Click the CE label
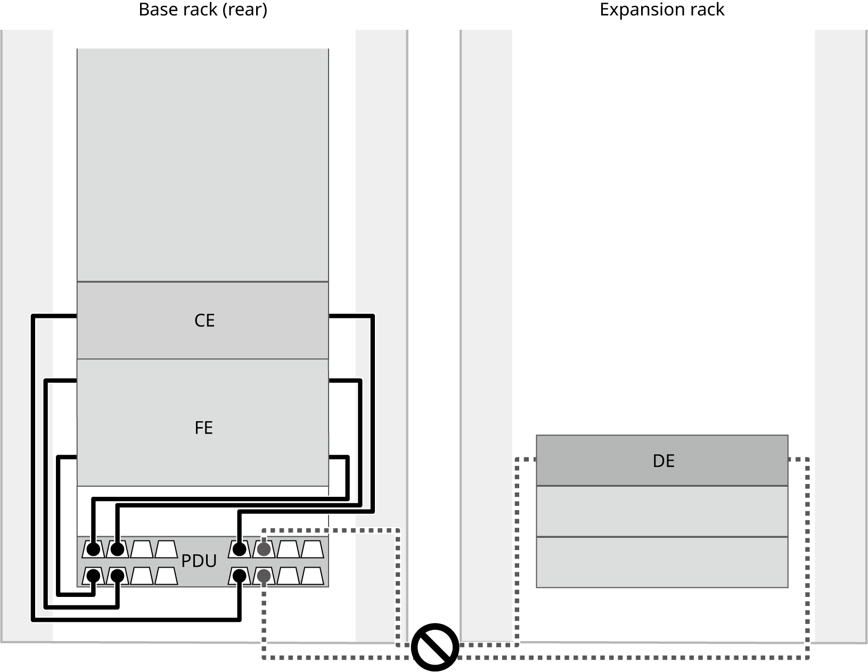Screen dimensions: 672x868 pos(204,321)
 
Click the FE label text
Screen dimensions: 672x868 pos(204,428)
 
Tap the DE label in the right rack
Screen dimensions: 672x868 pos(664,461)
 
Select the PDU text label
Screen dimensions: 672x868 pos(199,561)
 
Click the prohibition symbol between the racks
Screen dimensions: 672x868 pos(435,647)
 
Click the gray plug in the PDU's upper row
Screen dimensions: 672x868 pos(264,548)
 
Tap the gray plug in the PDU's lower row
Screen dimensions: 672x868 pos(264,576)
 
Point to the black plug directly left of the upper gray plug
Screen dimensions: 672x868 pos(240,548)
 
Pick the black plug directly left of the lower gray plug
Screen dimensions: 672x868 pos(240,576)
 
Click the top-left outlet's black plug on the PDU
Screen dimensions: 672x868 pos(94,548)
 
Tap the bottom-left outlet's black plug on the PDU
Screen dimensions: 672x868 pos(94,576)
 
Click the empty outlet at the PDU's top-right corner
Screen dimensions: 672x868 pos(312,549)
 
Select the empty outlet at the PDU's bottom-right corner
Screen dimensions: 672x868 pos(312,576)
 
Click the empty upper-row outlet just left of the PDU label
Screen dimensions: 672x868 pos(166,549)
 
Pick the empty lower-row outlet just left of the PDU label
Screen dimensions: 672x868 pos(166,576)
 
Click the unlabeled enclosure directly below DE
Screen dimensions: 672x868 pos(662,511)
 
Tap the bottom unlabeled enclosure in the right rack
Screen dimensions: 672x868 pos(662,562)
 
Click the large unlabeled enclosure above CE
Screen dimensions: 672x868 pos(202,165)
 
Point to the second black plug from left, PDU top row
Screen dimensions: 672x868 pos(117,548)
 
